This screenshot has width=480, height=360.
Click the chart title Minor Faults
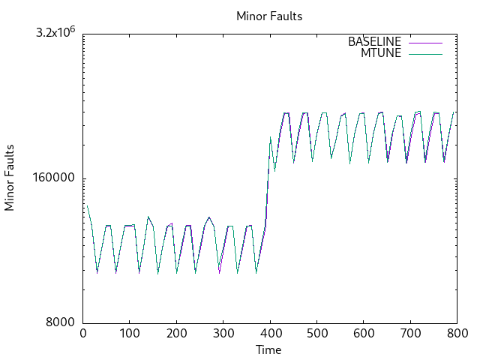pos(269,16)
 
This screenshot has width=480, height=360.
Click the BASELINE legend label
pos(375,42)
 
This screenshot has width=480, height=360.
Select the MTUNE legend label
pos(381,53)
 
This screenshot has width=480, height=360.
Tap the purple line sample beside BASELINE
pos(425,42)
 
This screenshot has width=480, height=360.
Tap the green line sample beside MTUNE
pos(425,53)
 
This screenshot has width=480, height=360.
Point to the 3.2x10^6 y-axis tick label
pos(57,33)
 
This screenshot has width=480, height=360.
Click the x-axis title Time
pos(268,349)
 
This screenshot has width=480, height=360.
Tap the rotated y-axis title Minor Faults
pos(10,178)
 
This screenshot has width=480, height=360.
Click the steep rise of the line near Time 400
pos(268,184)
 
